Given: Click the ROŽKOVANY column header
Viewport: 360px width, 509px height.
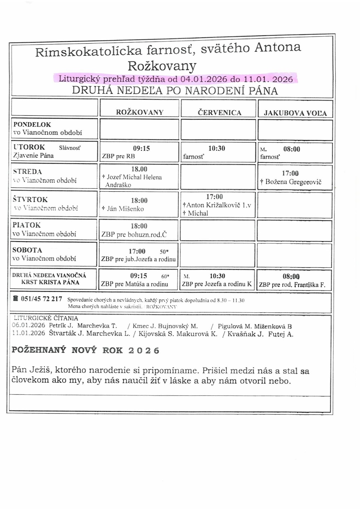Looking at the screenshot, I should [140, 113].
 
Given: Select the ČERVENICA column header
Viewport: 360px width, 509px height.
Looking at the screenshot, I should [219, 113].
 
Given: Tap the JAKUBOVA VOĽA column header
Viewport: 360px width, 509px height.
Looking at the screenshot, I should [295, 113].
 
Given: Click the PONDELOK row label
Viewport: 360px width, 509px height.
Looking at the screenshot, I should [32, 125].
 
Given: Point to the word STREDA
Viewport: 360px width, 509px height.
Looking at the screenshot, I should [27, 172].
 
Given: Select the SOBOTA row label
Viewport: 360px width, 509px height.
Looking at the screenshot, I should [27, 250].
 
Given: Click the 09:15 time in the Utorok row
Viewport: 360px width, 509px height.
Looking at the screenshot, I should [141, 148].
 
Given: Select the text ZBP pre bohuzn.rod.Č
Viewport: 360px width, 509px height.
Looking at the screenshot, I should [134, 235].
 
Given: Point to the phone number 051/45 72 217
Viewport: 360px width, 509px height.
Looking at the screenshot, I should [41, 299].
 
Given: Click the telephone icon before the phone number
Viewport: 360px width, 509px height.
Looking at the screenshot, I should [15, 299].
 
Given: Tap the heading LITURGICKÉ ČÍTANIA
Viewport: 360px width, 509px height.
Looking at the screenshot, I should [46, 318].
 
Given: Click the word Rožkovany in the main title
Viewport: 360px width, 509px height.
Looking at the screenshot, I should [162, 66].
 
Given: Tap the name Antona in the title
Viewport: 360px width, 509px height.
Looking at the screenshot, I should [278, 47].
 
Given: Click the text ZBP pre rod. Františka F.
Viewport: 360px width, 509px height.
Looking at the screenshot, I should [292, 285].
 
